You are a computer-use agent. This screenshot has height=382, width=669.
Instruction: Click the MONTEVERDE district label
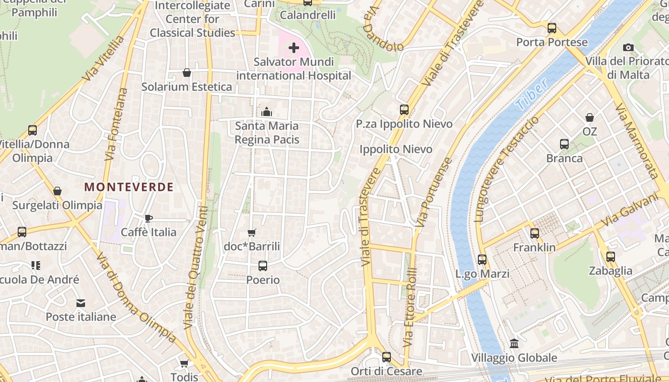click(x=129, y=187)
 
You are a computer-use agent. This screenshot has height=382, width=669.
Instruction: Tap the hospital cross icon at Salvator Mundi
click(x=294, y=48)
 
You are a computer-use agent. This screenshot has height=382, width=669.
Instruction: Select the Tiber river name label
click(x=532, y=96)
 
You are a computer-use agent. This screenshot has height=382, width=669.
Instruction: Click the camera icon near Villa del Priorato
click(x=628, y=47)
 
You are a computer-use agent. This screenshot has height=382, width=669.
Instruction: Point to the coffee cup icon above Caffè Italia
click(x=149, y=218)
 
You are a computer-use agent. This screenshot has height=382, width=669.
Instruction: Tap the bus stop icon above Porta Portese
click(x=552, y=28)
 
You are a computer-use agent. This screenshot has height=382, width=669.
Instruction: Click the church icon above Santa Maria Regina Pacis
click(x=267, y=112)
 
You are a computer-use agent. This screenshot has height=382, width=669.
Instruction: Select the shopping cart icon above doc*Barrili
click(x=252, y=233)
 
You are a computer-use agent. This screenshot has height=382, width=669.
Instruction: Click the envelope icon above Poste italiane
click(x=80, y=303)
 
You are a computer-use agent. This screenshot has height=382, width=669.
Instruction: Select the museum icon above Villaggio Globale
click(x=514, y=343)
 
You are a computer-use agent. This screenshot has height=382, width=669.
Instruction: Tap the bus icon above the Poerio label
click(x=263, y=266)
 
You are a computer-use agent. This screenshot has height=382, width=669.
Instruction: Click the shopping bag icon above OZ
click(x=590, y=117)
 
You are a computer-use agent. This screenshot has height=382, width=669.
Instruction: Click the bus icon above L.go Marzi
click(x=482, y=260)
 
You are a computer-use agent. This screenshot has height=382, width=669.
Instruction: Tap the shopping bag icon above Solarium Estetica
click(x=187, y=73)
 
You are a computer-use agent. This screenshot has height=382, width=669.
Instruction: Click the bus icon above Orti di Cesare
click(x=387, y=357)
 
